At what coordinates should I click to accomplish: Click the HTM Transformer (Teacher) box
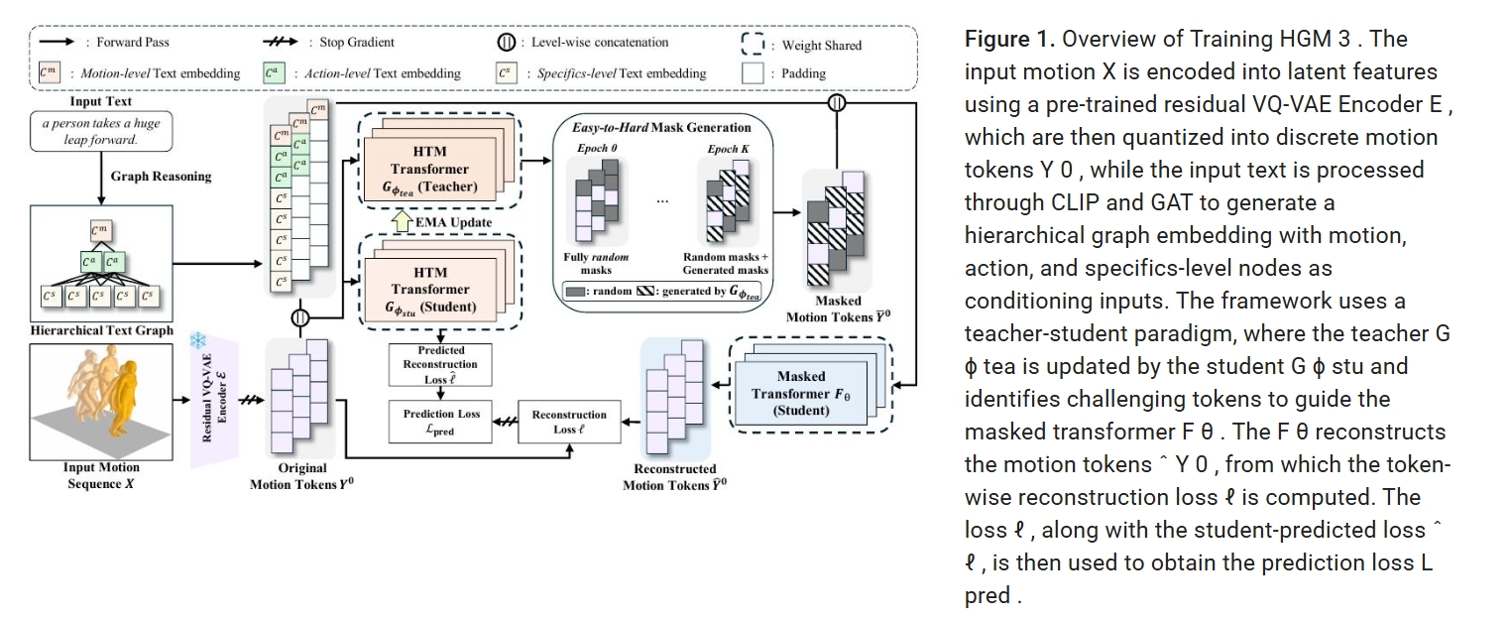pos(428,169)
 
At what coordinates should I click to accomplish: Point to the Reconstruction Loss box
pos(569,422)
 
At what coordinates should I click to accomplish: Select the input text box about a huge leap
pos(94,130)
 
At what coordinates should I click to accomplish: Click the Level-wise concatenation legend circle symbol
pos(505,43)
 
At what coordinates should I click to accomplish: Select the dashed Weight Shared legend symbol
pos(755,44)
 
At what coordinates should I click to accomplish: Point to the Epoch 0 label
pos(594,149)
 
